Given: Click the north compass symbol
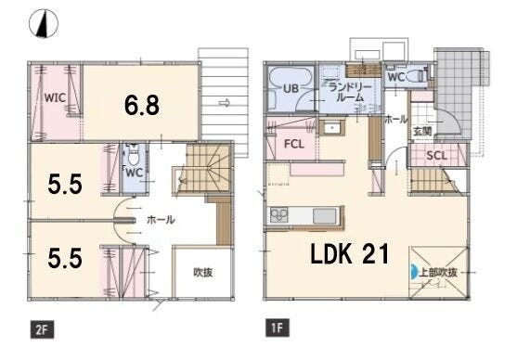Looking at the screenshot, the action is [44, 23].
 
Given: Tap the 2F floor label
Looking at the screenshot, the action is [42, 329].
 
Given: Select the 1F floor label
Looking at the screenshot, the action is [278, 328].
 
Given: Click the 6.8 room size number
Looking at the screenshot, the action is [142, 105].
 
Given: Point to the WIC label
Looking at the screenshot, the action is [55, 98].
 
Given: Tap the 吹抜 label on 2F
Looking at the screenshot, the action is [202, 272].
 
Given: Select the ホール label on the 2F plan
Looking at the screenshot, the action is [161, 220].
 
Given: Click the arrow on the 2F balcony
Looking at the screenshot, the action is [225, 103].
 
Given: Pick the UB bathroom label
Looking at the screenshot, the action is [291, 88].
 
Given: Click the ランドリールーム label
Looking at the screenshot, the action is [350, 92].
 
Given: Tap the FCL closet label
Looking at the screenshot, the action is [294, 144].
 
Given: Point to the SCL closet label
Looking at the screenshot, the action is [436, 155].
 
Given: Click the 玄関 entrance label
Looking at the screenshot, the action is [422, 131].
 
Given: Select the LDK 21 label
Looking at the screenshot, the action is [350, 254].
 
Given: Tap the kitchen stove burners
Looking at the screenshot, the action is [279, 215].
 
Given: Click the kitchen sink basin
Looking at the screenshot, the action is [325, 216].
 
